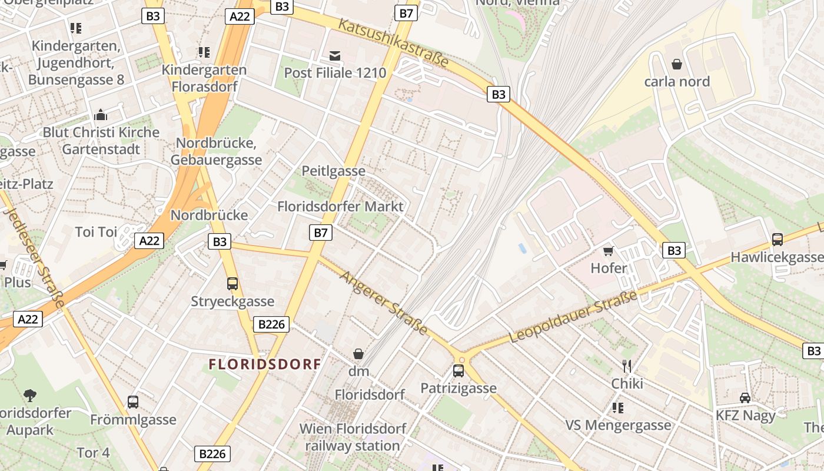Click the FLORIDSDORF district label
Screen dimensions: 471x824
point(265,364)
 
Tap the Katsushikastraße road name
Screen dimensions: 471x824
point(394,42)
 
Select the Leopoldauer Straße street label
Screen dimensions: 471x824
point(573,317)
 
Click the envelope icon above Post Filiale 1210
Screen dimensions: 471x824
point(335,56)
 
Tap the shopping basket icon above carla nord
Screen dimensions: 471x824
point(677,64)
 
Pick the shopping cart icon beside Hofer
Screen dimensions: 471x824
point(609,251)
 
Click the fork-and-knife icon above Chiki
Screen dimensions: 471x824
point(627,366)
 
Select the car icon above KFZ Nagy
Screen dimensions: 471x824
point(745,397)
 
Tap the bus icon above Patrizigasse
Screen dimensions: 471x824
point(458,371)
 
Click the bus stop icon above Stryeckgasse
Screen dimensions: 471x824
point(232,284)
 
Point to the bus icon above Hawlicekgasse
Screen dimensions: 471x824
point(777,240)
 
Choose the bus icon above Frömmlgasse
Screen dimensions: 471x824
point(133,402)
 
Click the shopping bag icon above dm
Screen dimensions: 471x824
point(358,354)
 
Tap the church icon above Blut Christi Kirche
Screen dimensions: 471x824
point(101,114)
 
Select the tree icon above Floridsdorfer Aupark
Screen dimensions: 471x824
point(30,396)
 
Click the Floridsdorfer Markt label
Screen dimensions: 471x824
point(340,207)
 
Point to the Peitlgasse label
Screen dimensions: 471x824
point(333,171)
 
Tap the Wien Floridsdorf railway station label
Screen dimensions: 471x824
point(353,437)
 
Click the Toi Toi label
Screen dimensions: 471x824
point(96,232)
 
